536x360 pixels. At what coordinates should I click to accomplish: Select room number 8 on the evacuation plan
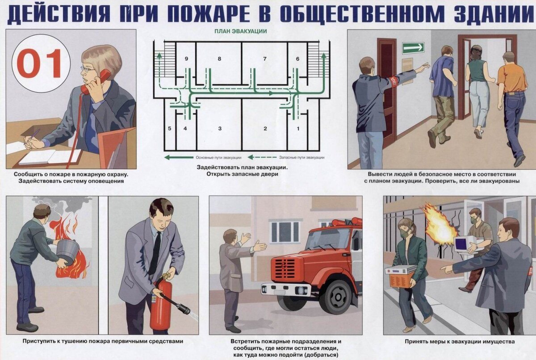pyautogui.click(x=219, y=59)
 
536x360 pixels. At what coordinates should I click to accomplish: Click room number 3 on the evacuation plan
pyautogui.click(x=220, y=129)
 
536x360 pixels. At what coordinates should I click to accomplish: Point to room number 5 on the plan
pyautogui.click(x=170, y=129)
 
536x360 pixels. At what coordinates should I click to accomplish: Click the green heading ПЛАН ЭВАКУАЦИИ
pyautogui.click(x=240, y=31)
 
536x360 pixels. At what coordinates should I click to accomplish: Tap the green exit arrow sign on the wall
pyautogui.click(x=413, y=48)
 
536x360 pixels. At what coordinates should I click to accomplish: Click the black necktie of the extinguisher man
pyautogui.click(x=155, y=254)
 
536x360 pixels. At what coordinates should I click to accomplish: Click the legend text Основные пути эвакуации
pyautogui.click(x=218, y=158)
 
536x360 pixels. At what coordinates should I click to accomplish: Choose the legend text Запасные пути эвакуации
pyautogui.click(x=302, y=158)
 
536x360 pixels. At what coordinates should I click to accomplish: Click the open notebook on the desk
pyautogui.click(x=50, y=157)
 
